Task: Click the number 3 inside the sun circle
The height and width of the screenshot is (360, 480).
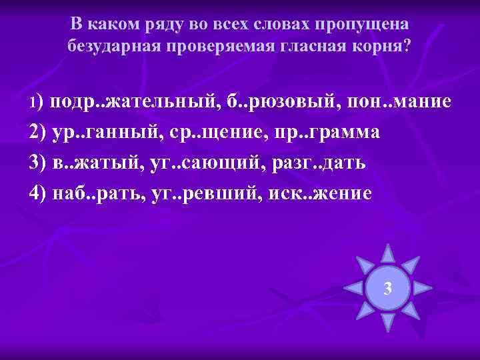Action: (388, 288)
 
